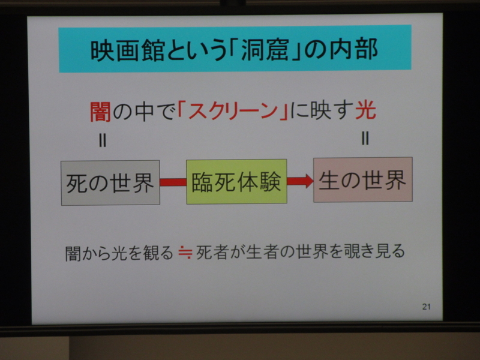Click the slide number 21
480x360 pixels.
click(x=427, y=307)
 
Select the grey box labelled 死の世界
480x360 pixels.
click(x=110, y=183)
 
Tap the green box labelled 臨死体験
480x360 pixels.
click(x=236, y=182)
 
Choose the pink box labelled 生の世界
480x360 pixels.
click(x=363, y=179)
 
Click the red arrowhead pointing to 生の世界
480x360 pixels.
click(x=308, y=181)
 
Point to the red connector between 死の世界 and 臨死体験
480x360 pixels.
click(x=173, y=182)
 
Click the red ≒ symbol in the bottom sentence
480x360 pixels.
click(x=185, y=252)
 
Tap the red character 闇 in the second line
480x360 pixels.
click(x=100, y=112)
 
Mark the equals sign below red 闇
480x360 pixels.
click(x=103, y=141)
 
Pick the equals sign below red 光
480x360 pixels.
click(x=365, y=138)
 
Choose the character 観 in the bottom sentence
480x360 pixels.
click(x=150, y=253)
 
